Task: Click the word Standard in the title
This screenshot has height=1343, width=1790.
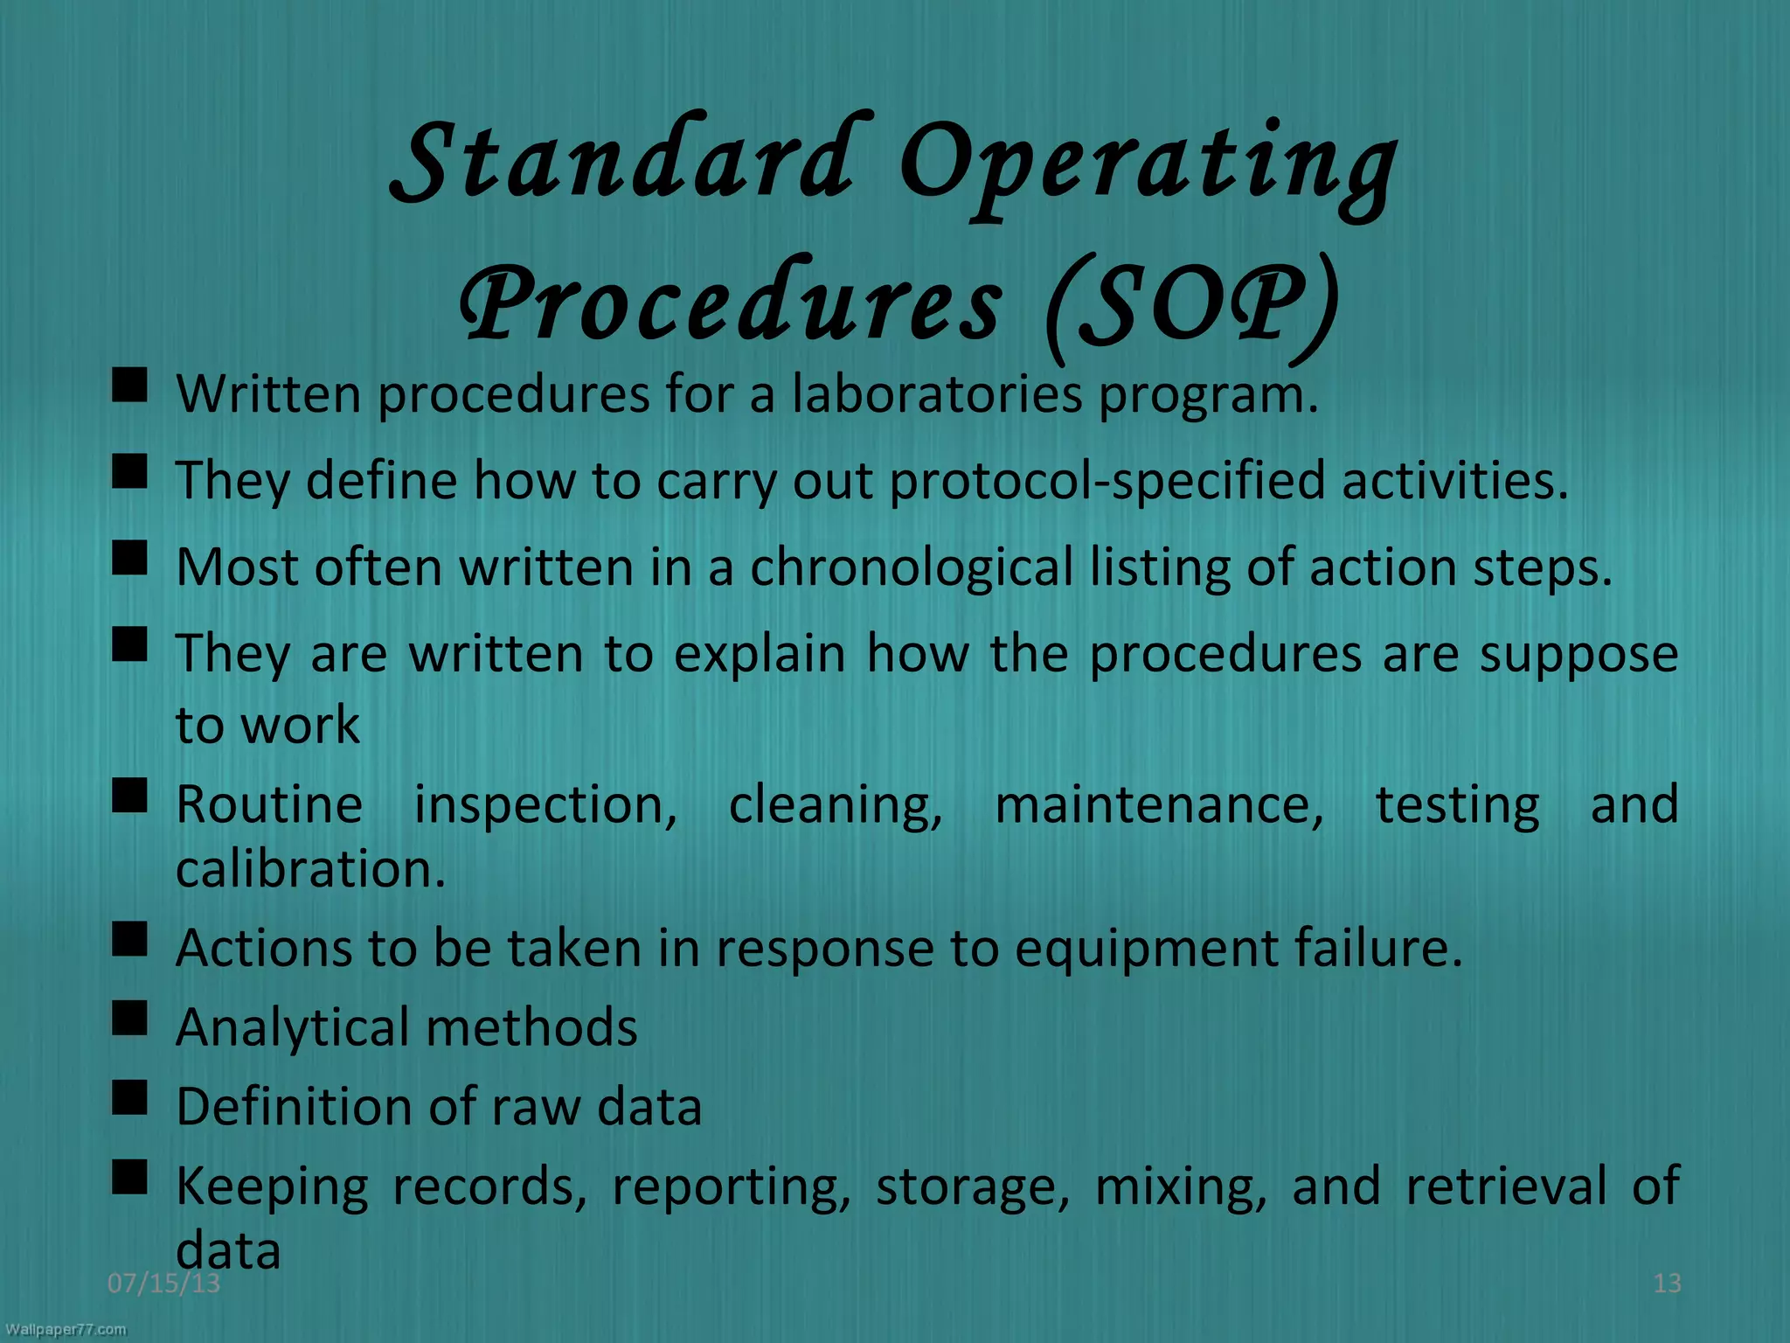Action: pos(621,162)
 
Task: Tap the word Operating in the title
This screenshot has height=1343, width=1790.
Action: pos(1147,166)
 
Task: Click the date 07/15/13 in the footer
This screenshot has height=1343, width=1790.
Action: pos(163,1283)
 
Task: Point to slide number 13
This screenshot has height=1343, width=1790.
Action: pos(1667,1283)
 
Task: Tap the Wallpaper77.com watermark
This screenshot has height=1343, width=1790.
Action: pos(66,1330)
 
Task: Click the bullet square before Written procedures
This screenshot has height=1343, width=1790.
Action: pos(129,385)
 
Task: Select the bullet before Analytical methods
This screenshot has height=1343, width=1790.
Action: pos(129,1018)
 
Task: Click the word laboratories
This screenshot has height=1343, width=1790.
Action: pos(937,394)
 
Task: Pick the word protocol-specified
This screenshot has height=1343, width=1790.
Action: pos(1107,481)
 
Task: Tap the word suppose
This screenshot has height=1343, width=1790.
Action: pos(1578,654)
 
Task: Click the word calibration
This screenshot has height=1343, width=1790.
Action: pos(310,869)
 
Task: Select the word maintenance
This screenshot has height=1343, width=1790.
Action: pos(1159,804)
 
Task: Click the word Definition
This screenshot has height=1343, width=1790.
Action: pos(294,1106)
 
